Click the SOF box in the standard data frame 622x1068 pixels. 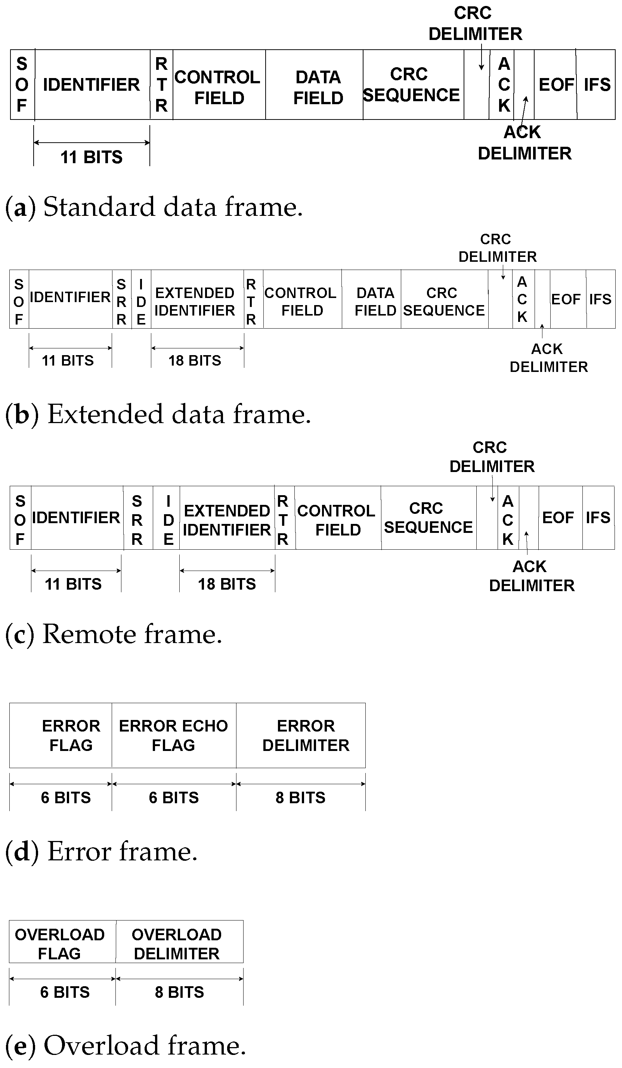[22, 84]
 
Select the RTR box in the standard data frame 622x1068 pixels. [161, 84]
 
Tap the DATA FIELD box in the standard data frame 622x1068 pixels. [318, 87]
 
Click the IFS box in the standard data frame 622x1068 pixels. [597, 85]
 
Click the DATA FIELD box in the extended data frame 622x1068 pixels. [375, 301]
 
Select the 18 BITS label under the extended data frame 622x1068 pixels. [195, 361]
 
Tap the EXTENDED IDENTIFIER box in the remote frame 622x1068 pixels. [227, 520]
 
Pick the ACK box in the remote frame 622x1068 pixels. [508, 520]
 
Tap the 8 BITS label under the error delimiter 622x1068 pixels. [300, 798]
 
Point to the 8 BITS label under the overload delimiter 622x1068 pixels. [179, 992]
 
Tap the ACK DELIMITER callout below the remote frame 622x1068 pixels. [531, 576]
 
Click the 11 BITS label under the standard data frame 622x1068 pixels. [91, 157]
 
